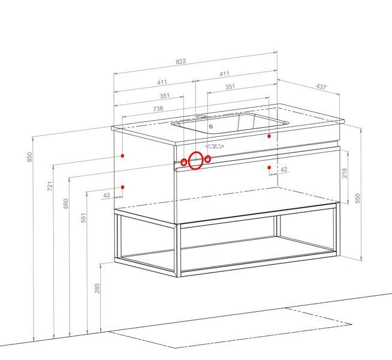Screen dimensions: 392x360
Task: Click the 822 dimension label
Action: pos(181,62)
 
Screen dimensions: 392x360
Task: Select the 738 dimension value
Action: pos(158,109)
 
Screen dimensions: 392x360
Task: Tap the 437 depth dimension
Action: pos(321,86)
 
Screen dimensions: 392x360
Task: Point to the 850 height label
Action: pos(29,157)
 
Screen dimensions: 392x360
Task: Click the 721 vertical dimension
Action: pos(50,186)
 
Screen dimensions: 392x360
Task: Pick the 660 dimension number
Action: pos(65,203)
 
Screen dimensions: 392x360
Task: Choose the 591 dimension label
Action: pos(83,218)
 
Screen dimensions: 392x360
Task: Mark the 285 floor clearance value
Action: pos(97,288)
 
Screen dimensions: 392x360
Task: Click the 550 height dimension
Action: pos(358,198)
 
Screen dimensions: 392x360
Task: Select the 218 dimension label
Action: pos(345,173)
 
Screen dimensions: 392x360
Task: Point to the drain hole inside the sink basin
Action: pos(211,127)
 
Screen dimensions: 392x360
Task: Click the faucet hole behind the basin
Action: pos(201,116)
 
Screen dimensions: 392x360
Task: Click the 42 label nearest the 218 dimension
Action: pos(284,170)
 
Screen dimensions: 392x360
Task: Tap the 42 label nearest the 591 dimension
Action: pos(107,195)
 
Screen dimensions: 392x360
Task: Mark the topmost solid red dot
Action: pos(269,136)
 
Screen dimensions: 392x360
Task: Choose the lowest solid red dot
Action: pos(122,187)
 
